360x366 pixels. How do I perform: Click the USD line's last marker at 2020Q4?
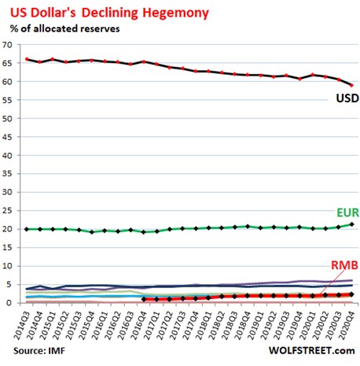click(x=351, y=85)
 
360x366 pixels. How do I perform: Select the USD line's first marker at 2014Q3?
click(x=28, y=59)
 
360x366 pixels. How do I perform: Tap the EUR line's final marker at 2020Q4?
click(x=351, y=224)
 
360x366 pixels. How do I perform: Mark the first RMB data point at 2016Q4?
click(x=144, y=299)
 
